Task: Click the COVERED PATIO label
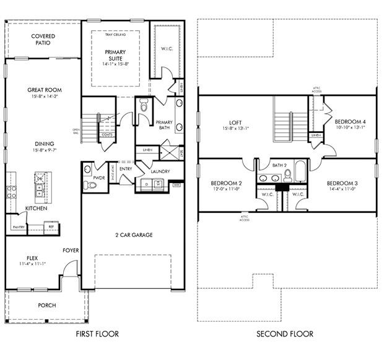pos(43,40)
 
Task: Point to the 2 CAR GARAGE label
pos(133,235)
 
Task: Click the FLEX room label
pos(32,258)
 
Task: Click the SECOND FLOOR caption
pos(285,335)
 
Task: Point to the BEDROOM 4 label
pos(350,122)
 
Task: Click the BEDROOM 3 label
pos(342,184)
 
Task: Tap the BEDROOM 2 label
pos(226,184)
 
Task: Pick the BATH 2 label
pos(280,166)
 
